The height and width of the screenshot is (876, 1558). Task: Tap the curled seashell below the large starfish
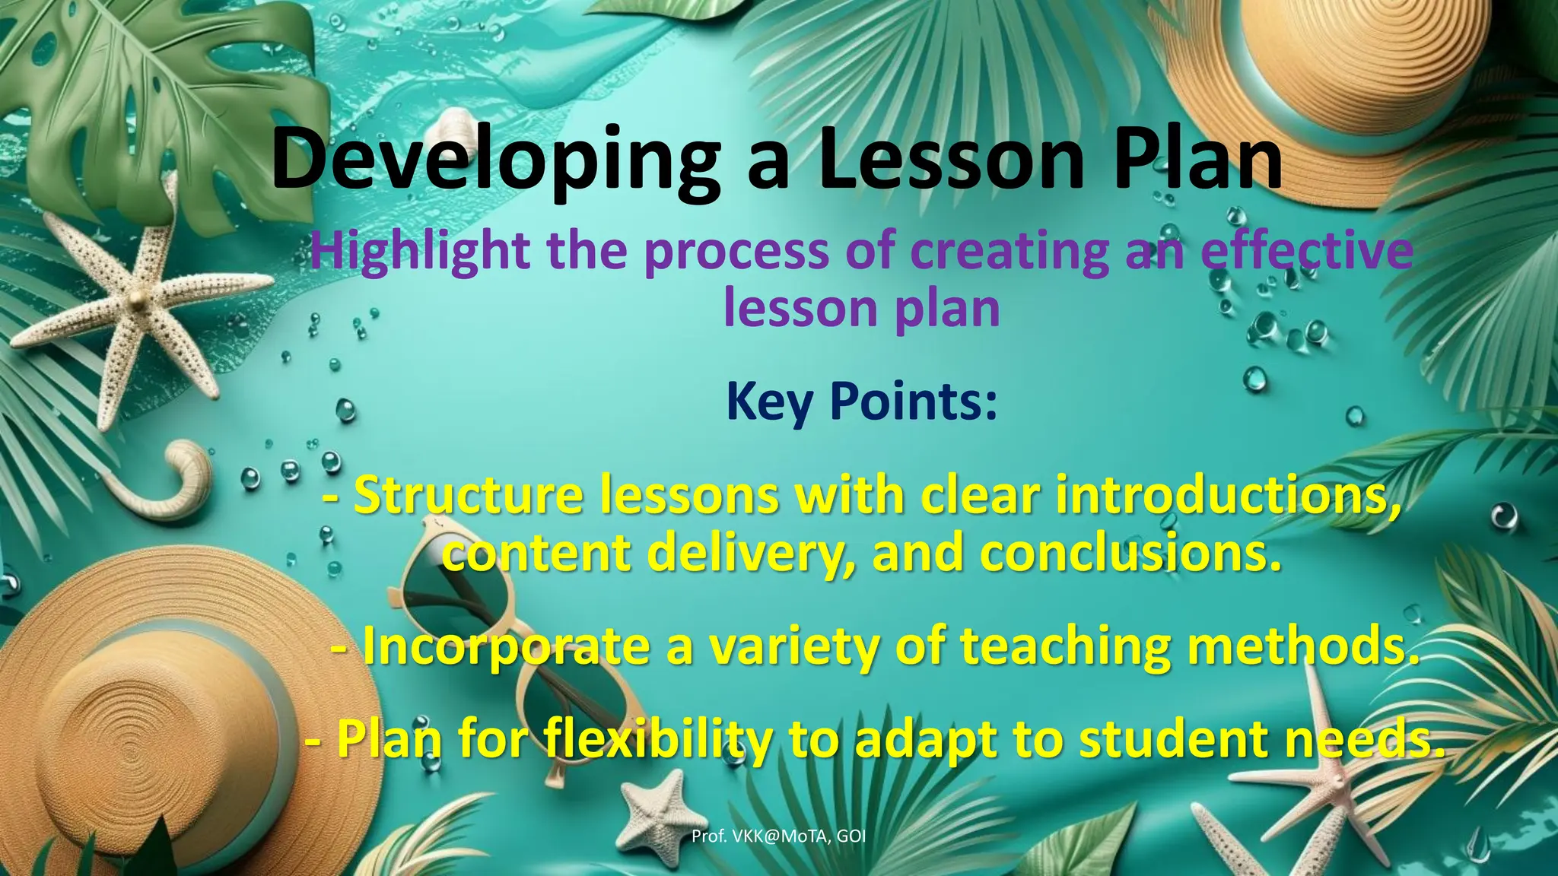(x=179, y=479)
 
